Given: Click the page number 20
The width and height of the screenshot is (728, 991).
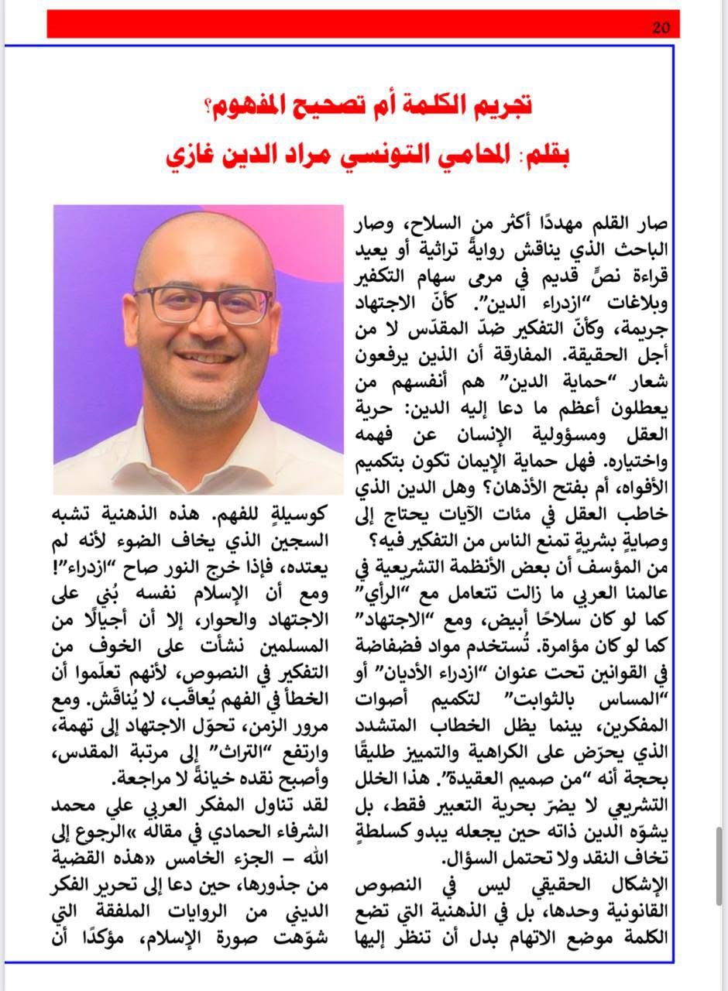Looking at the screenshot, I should [661, 28].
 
